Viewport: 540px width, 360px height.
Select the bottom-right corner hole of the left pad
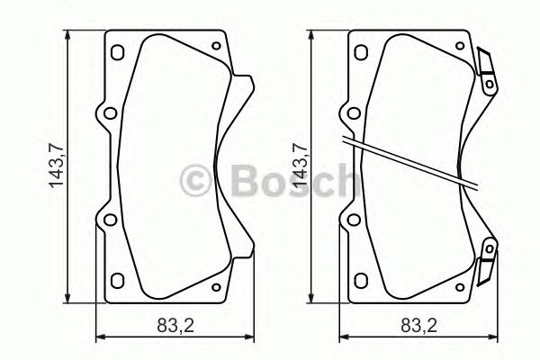[214, 287]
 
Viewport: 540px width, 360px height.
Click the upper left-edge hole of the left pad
[108, 115]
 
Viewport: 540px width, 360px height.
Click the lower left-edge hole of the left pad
[108, 220]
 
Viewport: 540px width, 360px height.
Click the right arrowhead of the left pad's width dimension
[248, 338]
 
